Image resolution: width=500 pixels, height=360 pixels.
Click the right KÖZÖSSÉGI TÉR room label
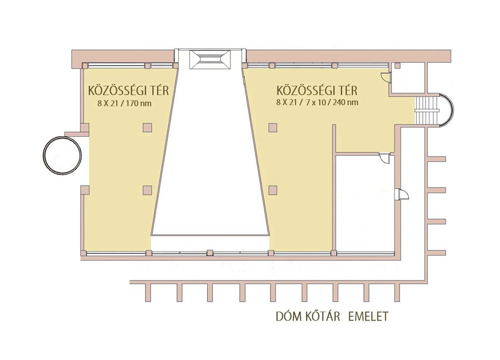coord(317,91)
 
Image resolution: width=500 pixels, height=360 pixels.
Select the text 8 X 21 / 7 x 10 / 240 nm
coord(317,102)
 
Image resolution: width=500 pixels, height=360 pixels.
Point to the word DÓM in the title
coord(289,317)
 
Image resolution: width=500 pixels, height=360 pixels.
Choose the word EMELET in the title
coord(368,317)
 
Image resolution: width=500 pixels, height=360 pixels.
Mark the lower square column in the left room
coord(147,190)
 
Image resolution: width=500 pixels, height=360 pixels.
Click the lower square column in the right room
coord(272,190)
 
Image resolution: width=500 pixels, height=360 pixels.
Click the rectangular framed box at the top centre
coord(210,59)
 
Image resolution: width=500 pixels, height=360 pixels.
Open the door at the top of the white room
coord(383,159)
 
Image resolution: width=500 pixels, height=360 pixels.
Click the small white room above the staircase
coord(408,78)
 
